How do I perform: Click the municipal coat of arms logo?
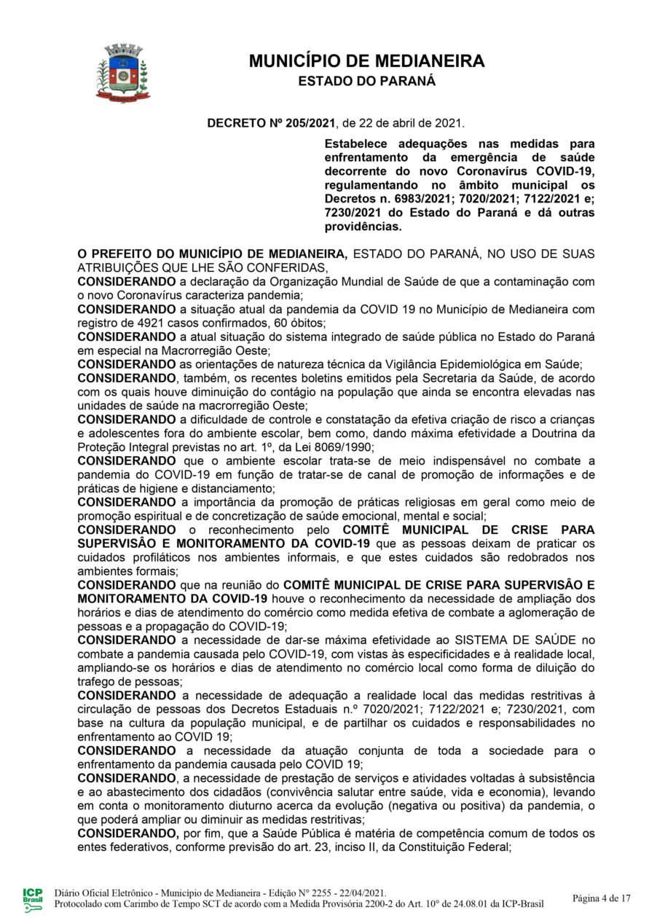tap(122, 72)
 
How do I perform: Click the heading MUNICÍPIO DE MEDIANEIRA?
tap(366, 61)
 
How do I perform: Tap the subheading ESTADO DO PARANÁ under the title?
tap(366, 82)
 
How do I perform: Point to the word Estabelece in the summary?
tap(355, 144)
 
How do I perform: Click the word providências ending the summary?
tap(363, 227)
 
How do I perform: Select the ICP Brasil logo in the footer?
tap(33, 899)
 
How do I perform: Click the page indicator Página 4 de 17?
tap(602, 898)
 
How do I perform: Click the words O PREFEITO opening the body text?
tap(117, 254)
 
